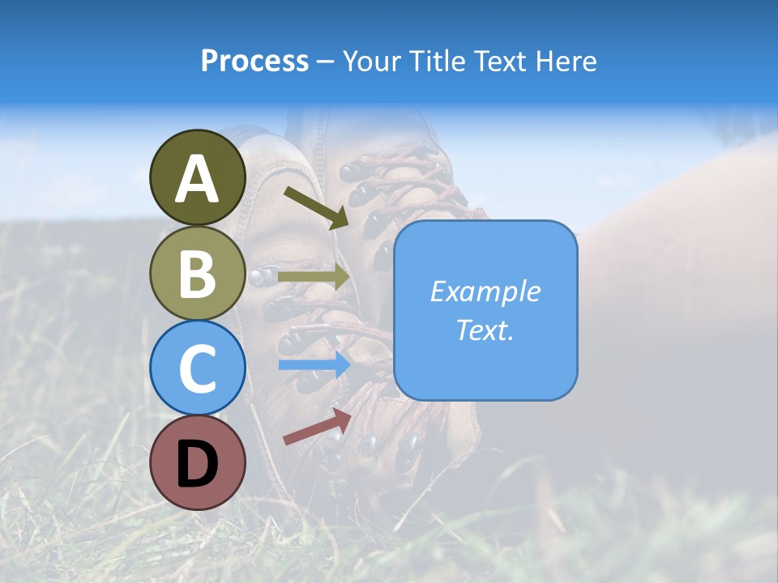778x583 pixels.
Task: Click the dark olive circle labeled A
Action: point(197,177)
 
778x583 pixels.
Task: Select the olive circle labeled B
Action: point(197,273)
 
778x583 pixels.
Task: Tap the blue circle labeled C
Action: point(197,368)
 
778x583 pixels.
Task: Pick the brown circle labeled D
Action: point(197,463)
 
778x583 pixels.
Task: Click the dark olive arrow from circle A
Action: point(316,207)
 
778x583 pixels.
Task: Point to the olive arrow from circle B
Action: point(314,277)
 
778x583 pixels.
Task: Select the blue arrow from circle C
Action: point(314,364)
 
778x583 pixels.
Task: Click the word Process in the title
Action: point(254,62)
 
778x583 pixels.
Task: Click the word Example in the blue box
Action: point(485,291)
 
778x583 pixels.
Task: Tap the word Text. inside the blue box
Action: point(485,330)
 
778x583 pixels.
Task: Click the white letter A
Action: point(197,179)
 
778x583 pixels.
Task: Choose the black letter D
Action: point(197,465)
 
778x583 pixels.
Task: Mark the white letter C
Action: point(197,369)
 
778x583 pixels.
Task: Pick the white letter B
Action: point(197,274)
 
